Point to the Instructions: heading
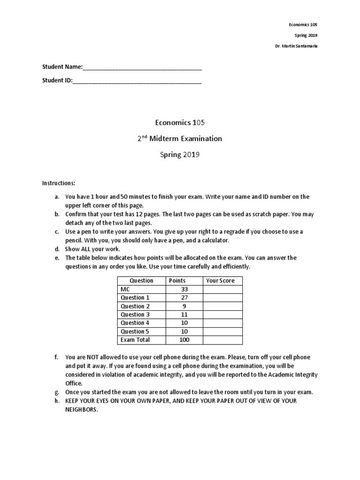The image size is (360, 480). [59, 182]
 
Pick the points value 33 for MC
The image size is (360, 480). [184, 289]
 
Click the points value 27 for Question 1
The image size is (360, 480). [184, 298]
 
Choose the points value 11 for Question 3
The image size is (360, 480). [184, 315]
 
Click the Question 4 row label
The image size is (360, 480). [135, 323]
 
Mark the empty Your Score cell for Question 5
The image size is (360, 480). [222, 331]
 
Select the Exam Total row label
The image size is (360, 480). [135, 340]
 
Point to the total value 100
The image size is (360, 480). [184, 340]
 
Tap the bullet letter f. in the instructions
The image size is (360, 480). [56, 357]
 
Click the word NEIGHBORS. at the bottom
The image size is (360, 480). [82, 409]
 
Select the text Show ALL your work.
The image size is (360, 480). [93, 249]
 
